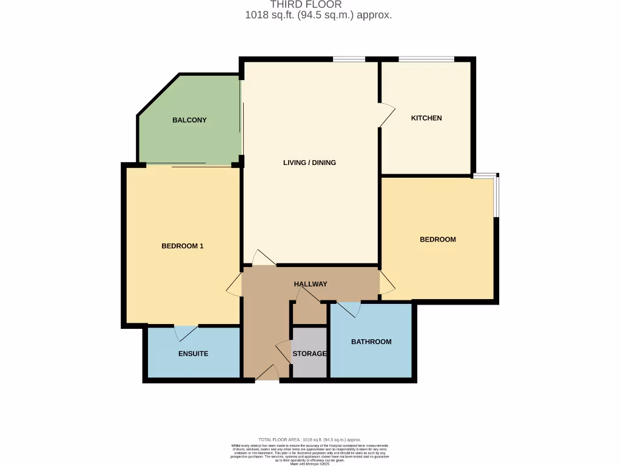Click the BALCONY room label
pos(189,120)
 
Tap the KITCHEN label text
pos(426,118)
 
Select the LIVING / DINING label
pos(309,163)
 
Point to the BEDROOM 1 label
pos(182,246)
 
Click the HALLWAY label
pos(310,284)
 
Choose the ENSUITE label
pos(193,353)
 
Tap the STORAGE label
pos(309,354)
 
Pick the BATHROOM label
pos(371,342)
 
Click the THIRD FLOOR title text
pos(310,5)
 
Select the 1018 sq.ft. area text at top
pos(318,15)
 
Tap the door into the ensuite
pos(186,333)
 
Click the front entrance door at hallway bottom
pos(267,373)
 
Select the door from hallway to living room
pos(264,257)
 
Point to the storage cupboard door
pos(283,352)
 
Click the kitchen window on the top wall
pos(426,59)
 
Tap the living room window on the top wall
pos(349,59)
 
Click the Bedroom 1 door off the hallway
pos(234,283)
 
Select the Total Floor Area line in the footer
pos(310,439)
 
